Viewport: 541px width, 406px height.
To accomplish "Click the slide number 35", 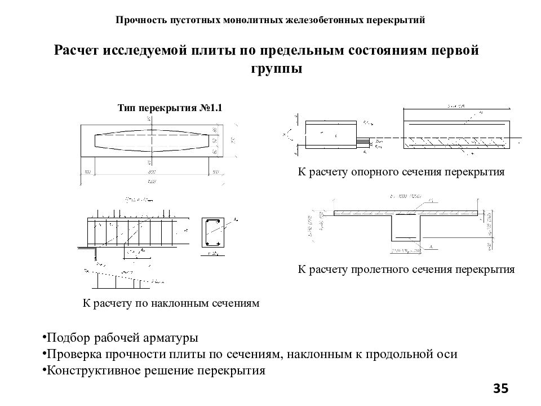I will point(500,389).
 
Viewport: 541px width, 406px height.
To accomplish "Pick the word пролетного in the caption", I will point(379,270).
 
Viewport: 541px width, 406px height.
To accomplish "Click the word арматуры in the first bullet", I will point(169,338).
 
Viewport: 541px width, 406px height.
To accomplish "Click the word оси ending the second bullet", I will point(447,355).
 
